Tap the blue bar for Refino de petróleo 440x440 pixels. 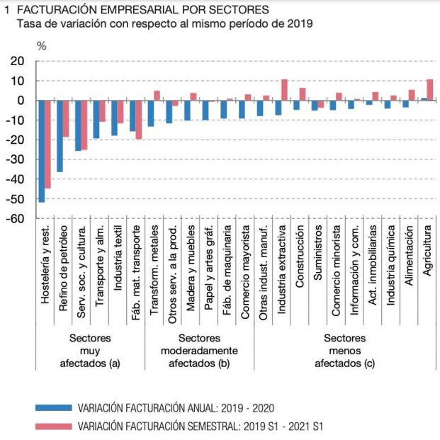coord(60,135)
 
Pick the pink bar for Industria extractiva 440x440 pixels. coord(284,89)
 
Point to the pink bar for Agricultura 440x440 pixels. coord(429,89)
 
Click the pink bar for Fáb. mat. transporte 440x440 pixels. coord(139,119)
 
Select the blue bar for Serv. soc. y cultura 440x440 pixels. coord(79,125)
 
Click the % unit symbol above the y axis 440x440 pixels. coord(41,46)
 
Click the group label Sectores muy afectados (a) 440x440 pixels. coord(90,351)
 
